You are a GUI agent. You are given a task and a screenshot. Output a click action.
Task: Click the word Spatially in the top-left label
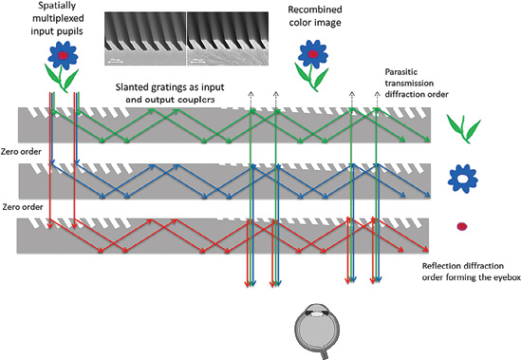pyautogui.click(x=61, y=8)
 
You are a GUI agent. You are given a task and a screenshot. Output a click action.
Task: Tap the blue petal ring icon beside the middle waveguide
pyautogui.click(x=465, y=177)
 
